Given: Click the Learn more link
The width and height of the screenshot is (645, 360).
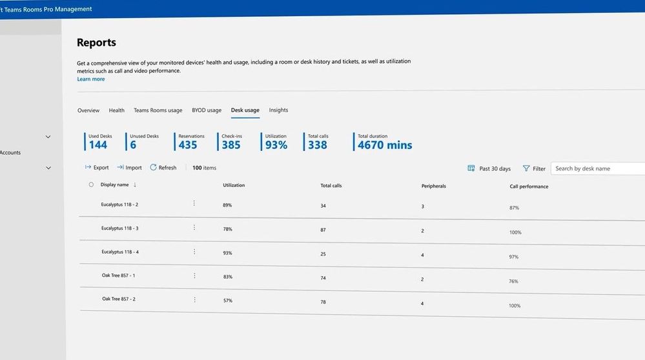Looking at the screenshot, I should tap(91, 79).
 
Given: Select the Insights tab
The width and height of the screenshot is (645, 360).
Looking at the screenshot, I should tap(278, 110).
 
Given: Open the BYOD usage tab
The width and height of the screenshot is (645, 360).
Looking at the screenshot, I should tap(207, 110).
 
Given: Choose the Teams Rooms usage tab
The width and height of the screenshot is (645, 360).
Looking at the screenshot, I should tap(158, 110).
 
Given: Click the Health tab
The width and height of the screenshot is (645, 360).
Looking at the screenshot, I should tap(117, 110).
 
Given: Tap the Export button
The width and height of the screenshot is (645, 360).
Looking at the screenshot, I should tap(97, 168).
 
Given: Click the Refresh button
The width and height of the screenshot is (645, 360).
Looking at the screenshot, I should tap(163, 168).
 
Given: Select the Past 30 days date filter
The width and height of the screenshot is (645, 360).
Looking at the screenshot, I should tap(489, 168).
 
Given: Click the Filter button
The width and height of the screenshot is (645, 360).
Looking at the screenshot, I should tap(534, 168).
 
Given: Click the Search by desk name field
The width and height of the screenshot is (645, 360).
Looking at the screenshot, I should tap(597, 168).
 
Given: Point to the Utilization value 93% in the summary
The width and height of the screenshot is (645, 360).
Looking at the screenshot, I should tap(276, 145).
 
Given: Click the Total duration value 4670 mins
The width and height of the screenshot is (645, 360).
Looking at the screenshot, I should tap(385, 145).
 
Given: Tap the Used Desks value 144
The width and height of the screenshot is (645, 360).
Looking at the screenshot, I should tap(98, 145).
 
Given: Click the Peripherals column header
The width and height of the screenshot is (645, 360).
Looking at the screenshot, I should tap(433, 186).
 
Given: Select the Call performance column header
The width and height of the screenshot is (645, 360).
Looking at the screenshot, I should tap(529, 186).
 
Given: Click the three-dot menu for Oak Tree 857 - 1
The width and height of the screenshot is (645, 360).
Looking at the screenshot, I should tap(194, 275).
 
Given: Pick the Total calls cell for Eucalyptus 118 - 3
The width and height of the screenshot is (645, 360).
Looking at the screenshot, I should tap(323, 230).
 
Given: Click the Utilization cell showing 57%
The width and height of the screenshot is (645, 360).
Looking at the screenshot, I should tap(228, 301).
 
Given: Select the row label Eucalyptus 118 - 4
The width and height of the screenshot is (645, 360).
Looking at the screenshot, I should tap(120, 252).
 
